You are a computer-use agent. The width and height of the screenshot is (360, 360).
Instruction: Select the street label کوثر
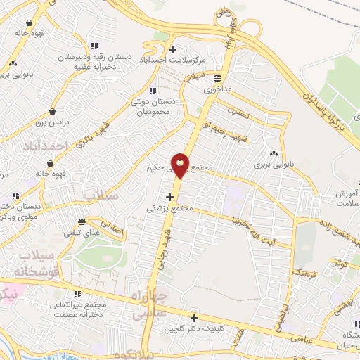(340, 263)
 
